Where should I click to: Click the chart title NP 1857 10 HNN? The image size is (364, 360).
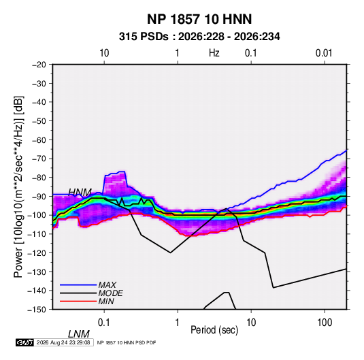coord(199,19)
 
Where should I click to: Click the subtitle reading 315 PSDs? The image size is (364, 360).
coord(144,37)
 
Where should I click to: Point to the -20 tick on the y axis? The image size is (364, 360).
coord(39,65)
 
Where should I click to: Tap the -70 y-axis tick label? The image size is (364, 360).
coord(39,159)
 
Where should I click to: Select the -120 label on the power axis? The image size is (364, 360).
coord(37,252)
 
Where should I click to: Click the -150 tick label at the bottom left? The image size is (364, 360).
coord(37,310)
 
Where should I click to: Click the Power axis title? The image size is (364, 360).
coord(18,186)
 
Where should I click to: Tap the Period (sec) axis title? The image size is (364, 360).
coord(214,330)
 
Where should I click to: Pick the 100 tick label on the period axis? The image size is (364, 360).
coord(325,323)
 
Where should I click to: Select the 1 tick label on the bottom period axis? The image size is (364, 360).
coord(177,323)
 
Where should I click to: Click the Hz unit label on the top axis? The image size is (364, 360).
coord(214,53)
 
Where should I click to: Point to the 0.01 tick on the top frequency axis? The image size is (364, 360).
coord(324,53)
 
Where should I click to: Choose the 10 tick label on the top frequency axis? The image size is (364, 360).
coord(104,53)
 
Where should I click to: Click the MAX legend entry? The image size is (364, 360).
coord(107,285)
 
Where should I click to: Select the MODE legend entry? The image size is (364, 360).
coord(110,293)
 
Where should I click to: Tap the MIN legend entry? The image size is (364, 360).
coord(106,301)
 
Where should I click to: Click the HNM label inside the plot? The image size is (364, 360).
coord(80,193)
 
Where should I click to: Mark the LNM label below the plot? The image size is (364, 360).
coord(79,334)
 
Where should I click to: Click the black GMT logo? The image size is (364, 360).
coord(25,342)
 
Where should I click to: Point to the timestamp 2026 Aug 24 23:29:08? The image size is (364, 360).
coord(63,342)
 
